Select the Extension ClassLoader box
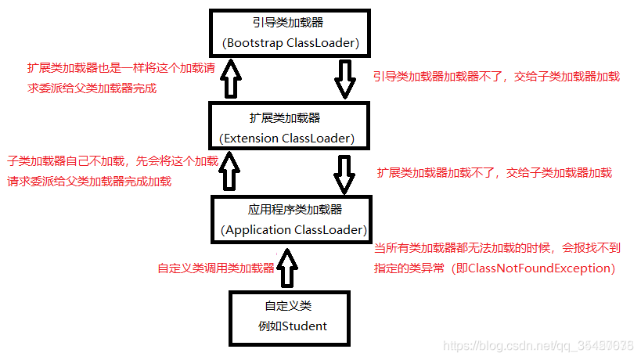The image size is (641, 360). point(289,127)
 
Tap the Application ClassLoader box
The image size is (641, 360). point(291,219)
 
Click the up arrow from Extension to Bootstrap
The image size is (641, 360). point(230,80)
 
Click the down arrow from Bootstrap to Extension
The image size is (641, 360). point(344,80)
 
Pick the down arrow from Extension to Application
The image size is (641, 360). point(344,174)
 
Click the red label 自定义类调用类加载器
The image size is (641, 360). point(216,268)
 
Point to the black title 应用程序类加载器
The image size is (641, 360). point(290,210)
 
